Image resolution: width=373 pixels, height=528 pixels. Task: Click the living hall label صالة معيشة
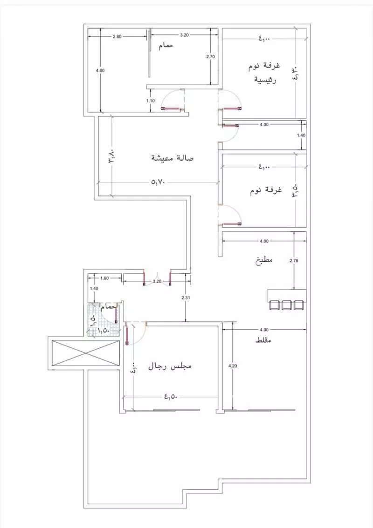173,158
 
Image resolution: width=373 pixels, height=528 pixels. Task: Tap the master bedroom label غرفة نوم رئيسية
265,72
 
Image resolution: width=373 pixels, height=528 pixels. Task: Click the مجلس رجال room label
170,366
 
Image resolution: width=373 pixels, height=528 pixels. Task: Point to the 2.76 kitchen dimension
294,261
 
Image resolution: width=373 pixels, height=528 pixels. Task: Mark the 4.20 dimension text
233,366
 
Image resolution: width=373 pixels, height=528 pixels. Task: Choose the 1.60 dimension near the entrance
104,278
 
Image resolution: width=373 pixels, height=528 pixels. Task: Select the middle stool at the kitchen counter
286,305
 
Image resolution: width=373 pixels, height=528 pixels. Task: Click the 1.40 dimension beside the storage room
301,135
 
